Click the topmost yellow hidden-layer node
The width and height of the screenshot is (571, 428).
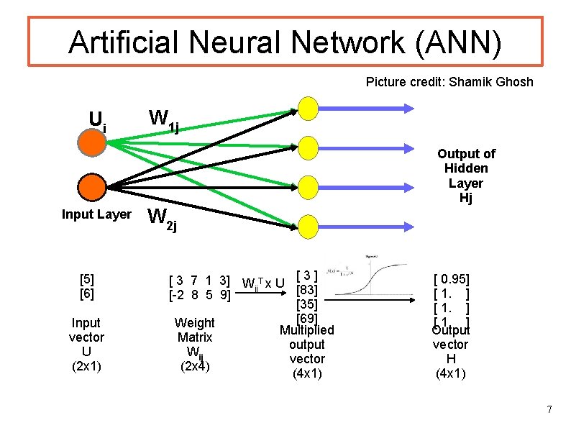pyautogui.click(x=308, y=109)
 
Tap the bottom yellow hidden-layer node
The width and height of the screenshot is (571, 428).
pyautogui.click(x=308, y=224)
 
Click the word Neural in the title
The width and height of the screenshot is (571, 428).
pyautogui.click(x=234, y=42)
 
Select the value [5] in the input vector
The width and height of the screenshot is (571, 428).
pyautogui.click(x=87, y=279)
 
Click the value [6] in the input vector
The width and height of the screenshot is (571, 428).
pyautogui.click(x=87, y=293)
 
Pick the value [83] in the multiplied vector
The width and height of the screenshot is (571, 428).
pyautogui.click(x=307, y=290)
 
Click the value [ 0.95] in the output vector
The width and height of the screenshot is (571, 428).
pyautogui.click(x=451, y=279)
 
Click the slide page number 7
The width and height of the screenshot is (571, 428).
pyautogui.click(x=549, y=410)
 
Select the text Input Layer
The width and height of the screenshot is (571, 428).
pyautogui.click(x=96, y=214)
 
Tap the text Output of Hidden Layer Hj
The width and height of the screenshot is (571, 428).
pyautogui.click(x=466, y=176)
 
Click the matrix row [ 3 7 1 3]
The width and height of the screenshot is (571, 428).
pyautogui.click(x=198, y=280)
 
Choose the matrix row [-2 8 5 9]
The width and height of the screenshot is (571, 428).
pyautogui.click(x=198, y=294)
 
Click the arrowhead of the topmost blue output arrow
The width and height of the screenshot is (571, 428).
pyautogui.click(x=408, y=109)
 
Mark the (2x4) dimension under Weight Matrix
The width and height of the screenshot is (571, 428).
pyautogui.click(x=194, y=365)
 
